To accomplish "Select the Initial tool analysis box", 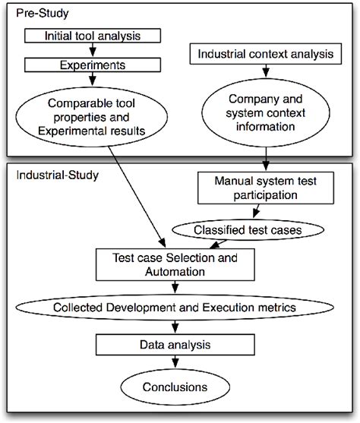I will point(92,35).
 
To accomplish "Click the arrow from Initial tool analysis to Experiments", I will point(92,51).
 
